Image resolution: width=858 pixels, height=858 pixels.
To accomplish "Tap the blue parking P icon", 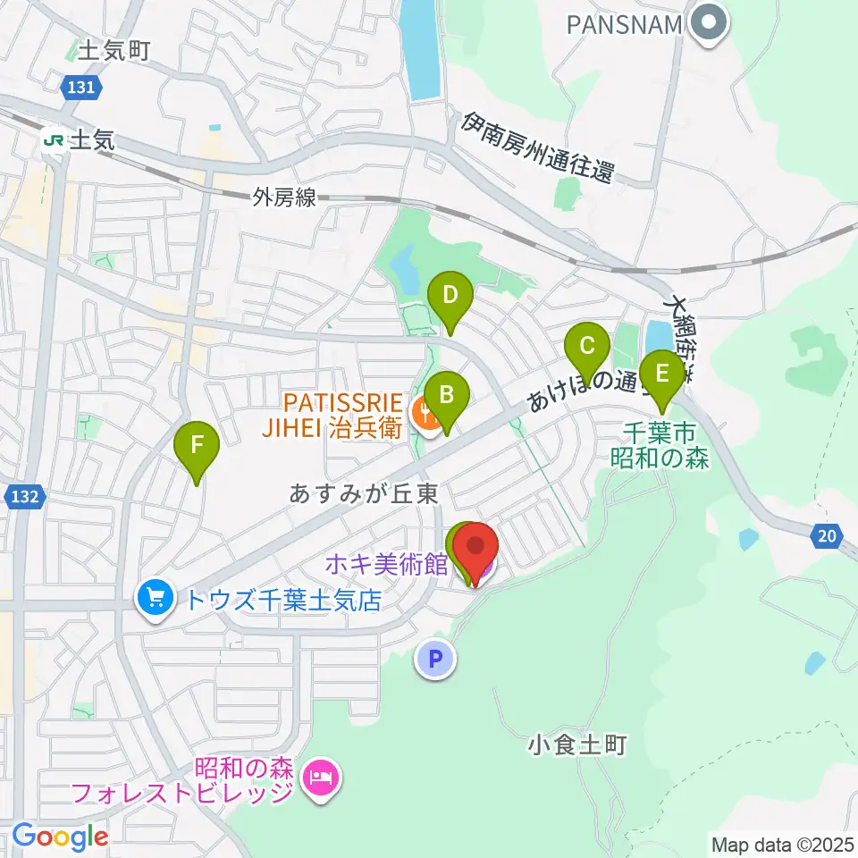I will [435, 660].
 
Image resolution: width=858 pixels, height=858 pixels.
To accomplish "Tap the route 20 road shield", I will [827, 536].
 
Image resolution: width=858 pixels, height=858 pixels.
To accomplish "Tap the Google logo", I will [60, 837].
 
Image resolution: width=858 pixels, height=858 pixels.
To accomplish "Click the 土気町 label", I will [114, 51].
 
